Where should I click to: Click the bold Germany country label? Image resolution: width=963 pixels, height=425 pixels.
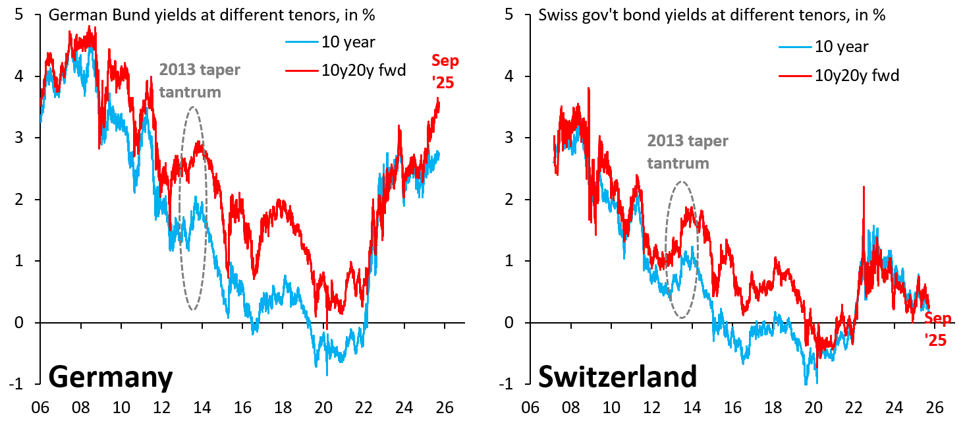click(x=111, y=378)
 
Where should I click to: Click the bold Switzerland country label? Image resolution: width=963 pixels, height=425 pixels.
click(x=617, y=378)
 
